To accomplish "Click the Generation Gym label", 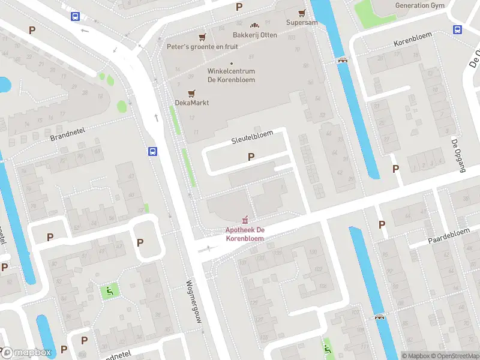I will tap(419, 5).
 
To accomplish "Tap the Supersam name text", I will tap(301, 23).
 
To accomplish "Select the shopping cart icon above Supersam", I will tap(302, 13).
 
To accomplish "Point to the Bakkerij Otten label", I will tap(254, 35).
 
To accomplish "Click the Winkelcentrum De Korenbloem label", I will tap(231, 76).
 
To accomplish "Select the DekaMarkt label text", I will tap(191, 103).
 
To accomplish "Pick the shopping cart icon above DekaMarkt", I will tap(191, 93).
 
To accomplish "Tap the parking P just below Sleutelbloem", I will tap(251, 157).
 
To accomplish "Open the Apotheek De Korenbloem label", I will tap(244, 234).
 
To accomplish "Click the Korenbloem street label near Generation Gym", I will tap(413, 44).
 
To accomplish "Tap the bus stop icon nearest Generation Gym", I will tap(457, 30).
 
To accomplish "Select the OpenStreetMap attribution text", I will tap(455, 356).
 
